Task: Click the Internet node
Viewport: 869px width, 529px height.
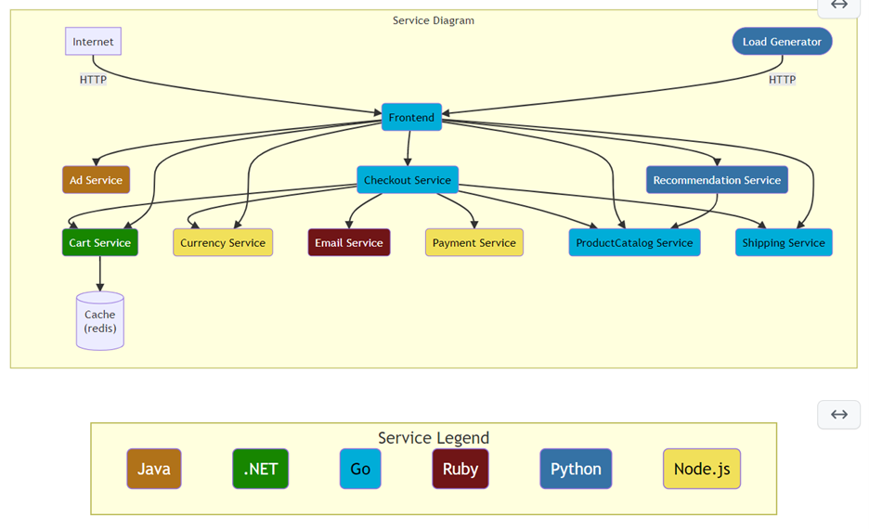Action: (x=93, y=42)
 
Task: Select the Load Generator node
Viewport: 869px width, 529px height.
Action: (x=782, y=42)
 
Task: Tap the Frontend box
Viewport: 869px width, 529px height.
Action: (x=411, y=118)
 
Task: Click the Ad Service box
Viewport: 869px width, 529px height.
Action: (x=96, y=180)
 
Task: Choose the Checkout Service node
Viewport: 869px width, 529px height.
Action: (x=408, y=180)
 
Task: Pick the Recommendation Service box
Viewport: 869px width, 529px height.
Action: (x=717, y=180)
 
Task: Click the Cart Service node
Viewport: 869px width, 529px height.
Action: (x=99, y=243)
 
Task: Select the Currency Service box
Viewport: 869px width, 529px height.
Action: (x=223, y=243)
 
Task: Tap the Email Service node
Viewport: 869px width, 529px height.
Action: (x=349, y=243)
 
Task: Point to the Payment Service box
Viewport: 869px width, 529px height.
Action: (x=473, y=243)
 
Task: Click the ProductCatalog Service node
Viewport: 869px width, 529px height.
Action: (x=634, y=243)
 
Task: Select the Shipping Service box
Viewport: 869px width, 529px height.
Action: (x=784, y=243)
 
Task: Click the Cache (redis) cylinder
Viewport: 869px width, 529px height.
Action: (x=100, y=321)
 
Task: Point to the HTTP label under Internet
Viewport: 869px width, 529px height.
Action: (x=93, y=80)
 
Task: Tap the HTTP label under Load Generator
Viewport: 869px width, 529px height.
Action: (x=782, y=80)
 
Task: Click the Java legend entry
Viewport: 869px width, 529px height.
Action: (x=154, y=469)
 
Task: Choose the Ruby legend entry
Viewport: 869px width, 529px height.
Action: (x=460, y=469)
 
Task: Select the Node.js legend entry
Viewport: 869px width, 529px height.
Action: (x=702, y=469)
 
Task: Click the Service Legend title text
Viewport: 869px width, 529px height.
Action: (x=433, y=438)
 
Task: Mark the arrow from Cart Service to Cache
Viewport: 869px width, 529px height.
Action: (x=100, y=274)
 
